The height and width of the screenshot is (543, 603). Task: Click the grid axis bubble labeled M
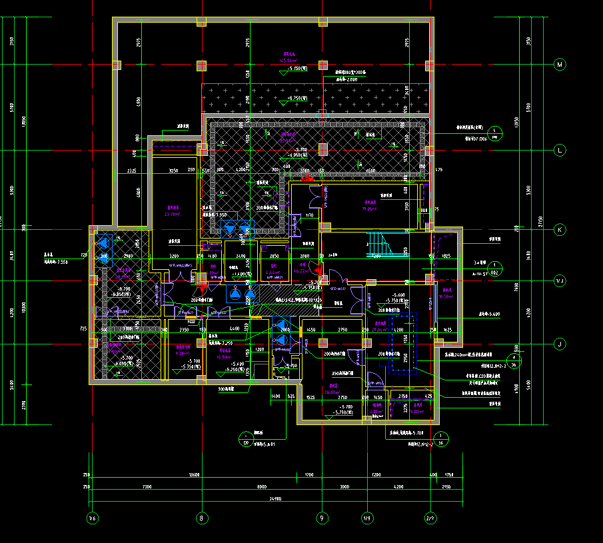[560, 65]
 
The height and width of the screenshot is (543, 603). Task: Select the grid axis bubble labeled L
[560, 151]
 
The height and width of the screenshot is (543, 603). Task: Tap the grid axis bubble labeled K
[560, 230]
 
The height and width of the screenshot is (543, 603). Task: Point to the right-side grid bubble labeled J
[560, 344]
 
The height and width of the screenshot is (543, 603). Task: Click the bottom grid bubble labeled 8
[201, 518]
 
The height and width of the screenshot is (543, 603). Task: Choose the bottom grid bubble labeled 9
[322, 518]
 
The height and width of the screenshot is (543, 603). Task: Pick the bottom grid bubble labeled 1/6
[92, 518]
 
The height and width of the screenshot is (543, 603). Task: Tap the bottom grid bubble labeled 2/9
[430, 518]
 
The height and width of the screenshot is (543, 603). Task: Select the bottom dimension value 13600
[195, 475]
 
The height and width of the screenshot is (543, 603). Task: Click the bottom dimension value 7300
[147, 487]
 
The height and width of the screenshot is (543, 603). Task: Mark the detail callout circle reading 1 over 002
[494, 269]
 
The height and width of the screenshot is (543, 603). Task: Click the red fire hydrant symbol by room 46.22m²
[319, 270]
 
